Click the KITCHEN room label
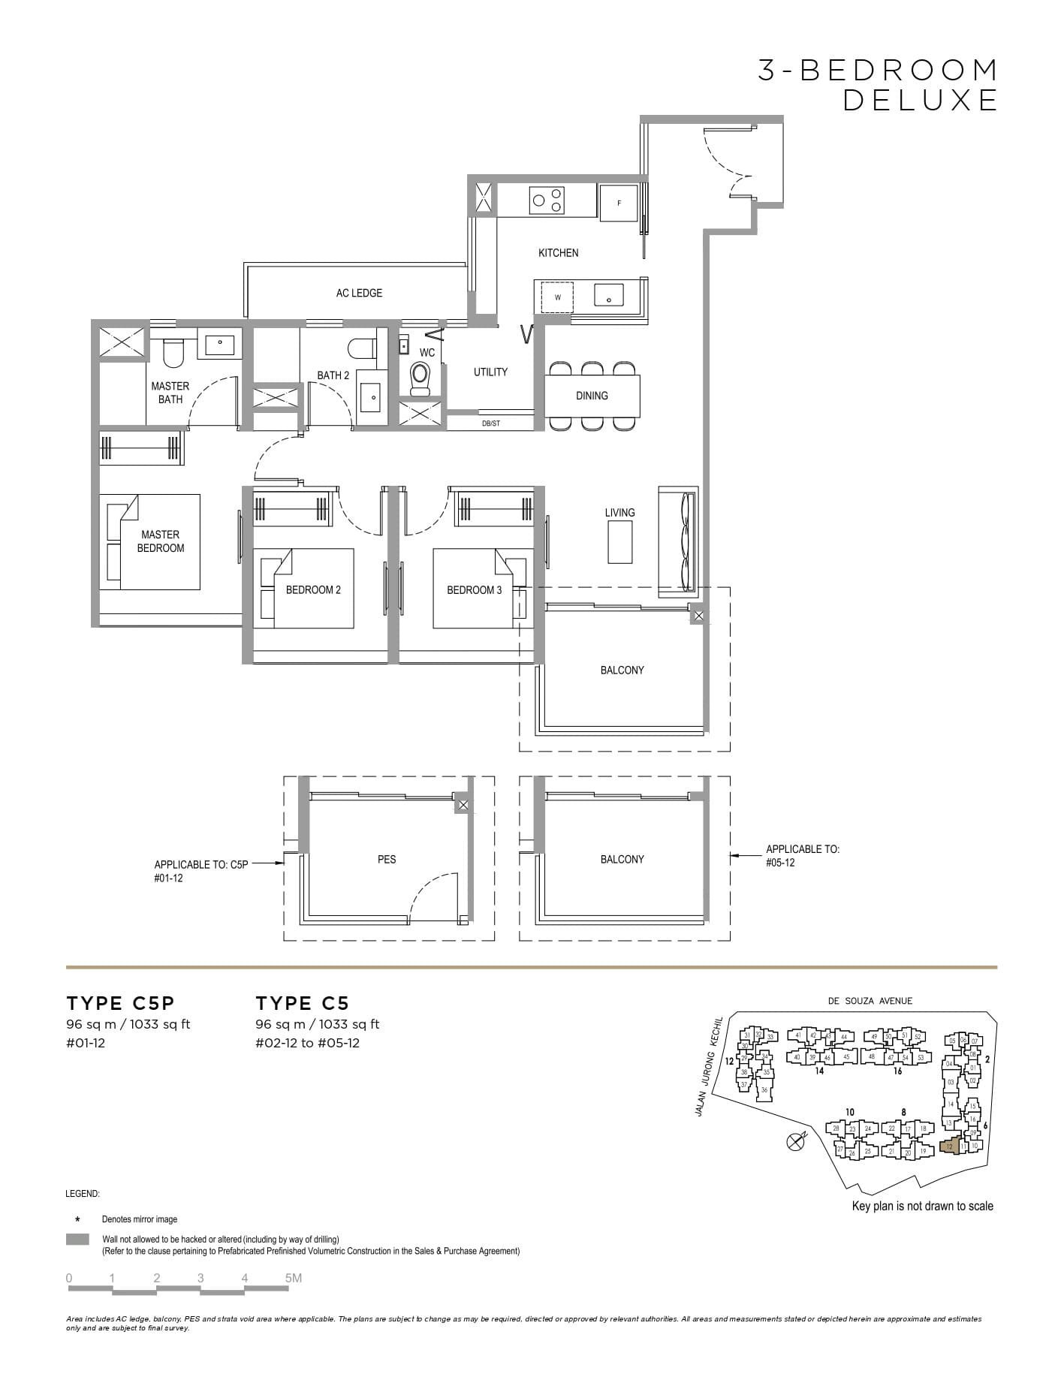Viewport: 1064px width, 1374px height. (558, 253)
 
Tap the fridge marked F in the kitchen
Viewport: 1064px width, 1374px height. (619, 203)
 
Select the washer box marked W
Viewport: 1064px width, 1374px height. (557, 297)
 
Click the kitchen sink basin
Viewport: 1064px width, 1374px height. (608, 295)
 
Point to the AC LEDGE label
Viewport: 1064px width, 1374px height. (359, 293)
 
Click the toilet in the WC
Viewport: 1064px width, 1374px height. (420, 378)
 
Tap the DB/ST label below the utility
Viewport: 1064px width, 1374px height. (490, 423)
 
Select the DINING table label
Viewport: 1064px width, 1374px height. (592, 396)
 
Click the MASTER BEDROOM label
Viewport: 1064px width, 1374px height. (160, 541)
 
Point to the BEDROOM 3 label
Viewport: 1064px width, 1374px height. (474, 590)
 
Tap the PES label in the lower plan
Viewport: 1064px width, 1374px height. (386, 859)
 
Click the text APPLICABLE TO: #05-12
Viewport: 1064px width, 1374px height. (802, 856)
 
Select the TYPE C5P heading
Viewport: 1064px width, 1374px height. (120, 1003)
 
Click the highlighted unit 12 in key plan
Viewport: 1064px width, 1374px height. (950, 1147)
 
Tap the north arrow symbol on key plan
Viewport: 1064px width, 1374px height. (795, 1142)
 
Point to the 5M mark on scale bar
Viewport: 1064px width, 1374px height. (293, 1278)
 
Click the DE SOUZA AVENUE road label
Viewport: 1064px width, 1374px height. (870, 1001)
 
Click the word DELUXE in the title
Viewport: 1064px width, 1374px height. (920, 100)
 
